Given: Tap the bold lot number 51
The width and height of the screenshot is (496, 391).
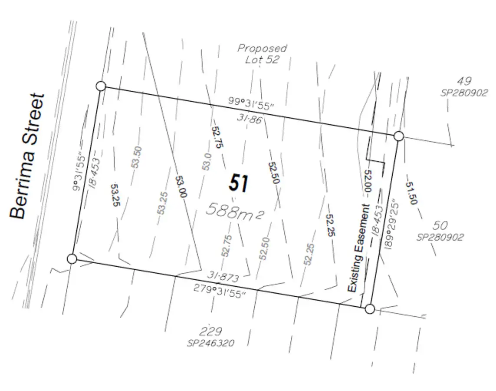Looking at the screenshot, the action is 239,183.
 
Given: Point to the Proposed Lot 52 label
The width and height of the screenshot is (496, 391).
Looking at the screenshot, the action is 262,54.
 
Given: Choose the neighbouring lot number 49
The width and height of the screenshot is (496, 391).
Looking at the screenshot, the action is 463,81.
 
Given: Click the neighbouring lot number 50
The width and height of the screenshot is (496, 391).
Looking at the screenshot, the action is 440,225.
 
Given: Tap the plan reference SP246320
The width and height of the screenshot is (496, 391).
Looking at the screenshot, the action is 211,343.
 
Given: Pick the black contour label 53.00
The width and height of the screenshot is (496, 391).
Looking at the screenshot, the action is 181,186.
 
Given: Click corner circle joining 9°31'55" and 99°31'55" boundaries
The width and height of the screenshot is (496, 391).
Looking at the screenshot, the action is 101,86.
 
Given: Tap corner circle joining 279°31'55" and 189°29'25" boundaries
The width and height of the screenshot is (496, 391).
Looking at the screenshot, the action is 370,309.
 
